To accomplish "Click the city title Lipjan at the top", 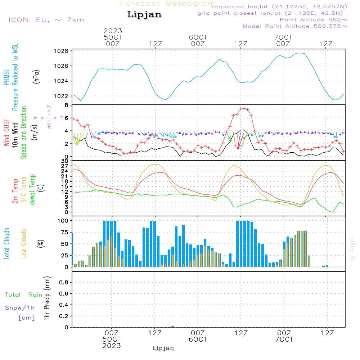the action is pos(144,15).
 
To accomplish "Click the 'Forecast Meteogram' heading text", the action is pos(168,4).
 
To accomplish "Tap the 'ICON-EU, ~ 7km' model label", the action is pos(46,20).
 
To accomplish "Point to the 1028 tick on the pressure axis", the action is pos(61,51).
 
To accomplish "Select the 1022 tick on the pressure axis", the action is pos(61,96).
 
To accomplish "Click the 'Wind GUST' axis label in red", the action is pos(6,132).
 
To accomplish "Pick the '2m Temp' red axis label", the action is pos(15,191).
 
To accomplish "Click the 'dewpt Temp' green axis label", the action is pos(32,189).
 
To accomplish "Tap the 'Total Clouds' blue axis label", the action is pos(6,244).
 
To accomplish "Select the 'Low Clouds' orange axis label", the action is pos(23,244).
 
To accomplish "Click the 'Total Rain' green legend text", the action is pos(24,294).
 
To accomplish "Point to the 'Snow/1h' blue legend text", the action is pos(20,308).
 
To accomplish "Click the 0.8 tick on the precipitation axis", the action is pos(64,282).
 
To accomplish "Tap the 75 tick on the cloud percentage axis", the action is pos(64,232).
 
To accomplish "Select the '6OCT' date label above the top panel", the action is pos(198,37).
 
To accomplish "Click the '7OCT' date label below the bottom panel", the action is pos(284,339).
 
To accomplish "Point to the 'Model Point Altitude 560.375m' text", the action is pos(295,26).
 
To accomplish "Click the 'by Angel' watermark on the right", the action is pos(352,249).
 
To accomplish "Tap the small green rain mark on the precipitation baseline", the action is pos(173,327).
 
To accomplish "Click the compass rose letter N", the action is pos(49,107).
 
